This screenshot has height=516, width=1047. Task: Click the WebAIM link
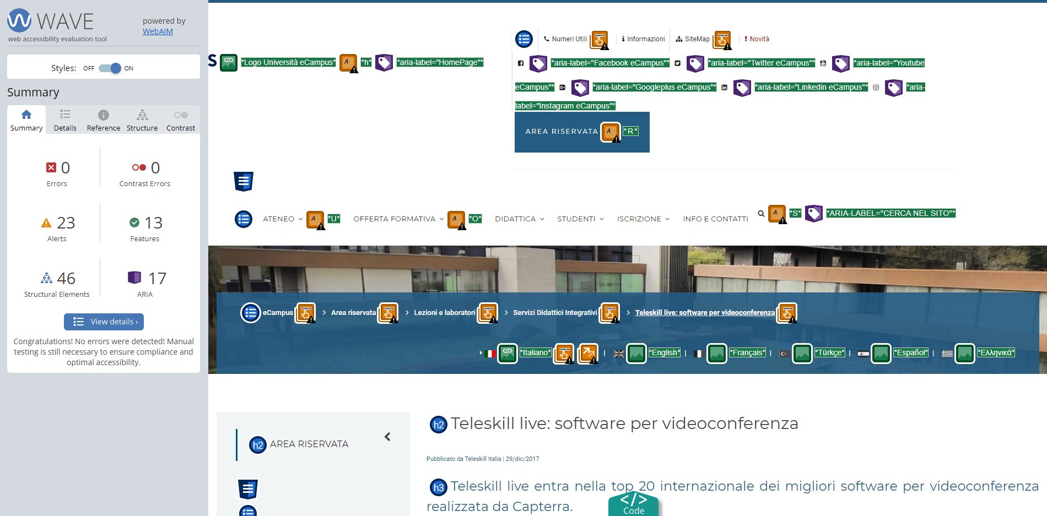pos(158,31)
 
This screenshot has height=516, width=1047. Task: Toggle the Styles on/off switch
pos(110,68)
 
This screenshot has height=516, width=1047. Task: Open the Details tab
pos(65,120)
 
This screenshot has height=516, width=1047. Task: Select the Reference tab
pos(104,120)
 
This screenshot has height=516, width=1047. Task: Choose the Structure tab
pos(142,120)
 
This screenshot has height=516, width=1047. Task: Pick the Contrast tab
pos(181,120)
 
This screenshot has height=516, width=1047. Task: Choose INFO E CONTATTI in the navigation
pos(715,219)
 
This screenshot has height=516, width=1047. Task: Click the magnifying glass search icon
pos(761,214)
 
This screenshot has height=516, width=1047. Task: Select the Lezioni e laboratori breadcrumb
pos(444,313)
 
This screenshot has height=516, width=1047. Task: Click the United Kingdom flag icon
pos(619,354)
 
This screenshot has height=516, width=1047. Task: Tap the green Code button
pos(634,503)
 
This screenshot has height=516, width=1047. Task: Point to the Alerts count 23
pos(66,222)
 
